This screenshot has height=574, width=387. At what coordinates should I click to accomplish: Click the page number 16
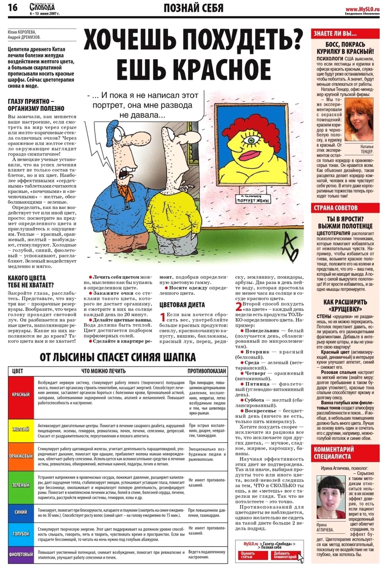pos(13,7)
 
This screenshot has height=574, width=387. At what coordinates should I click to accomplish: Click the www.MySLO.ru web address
pos(362,8)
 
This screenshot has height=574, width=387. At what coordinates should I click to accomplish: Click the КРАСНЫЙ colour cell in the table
pos(21,394)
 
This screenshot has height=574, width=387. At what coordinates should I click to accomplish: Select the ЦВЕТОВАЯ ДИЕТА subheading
pos(182,305)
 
